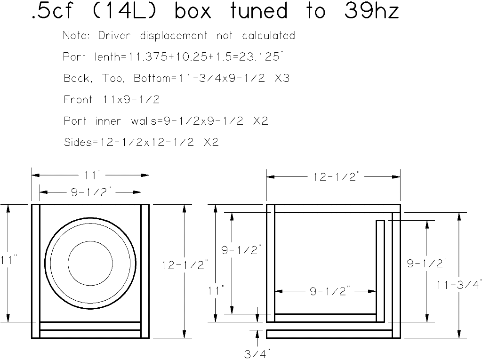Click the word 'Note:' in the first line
[x=77, y=36]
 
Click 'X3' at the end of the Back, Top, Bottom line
[x=282, y=78]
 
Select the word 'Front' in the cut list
[x=78, y=100]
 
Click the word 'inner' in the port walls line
[x=108, y=121]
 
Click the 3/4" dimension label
[x=257, y=352]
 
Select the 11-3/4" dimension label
[x=459, y=285]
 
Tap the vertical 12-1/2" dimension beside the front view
[x=185, y=265]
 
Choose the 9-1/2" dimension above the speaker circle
[x=91, y=192]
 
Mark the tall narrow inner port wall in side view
[x=380, y=271]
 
